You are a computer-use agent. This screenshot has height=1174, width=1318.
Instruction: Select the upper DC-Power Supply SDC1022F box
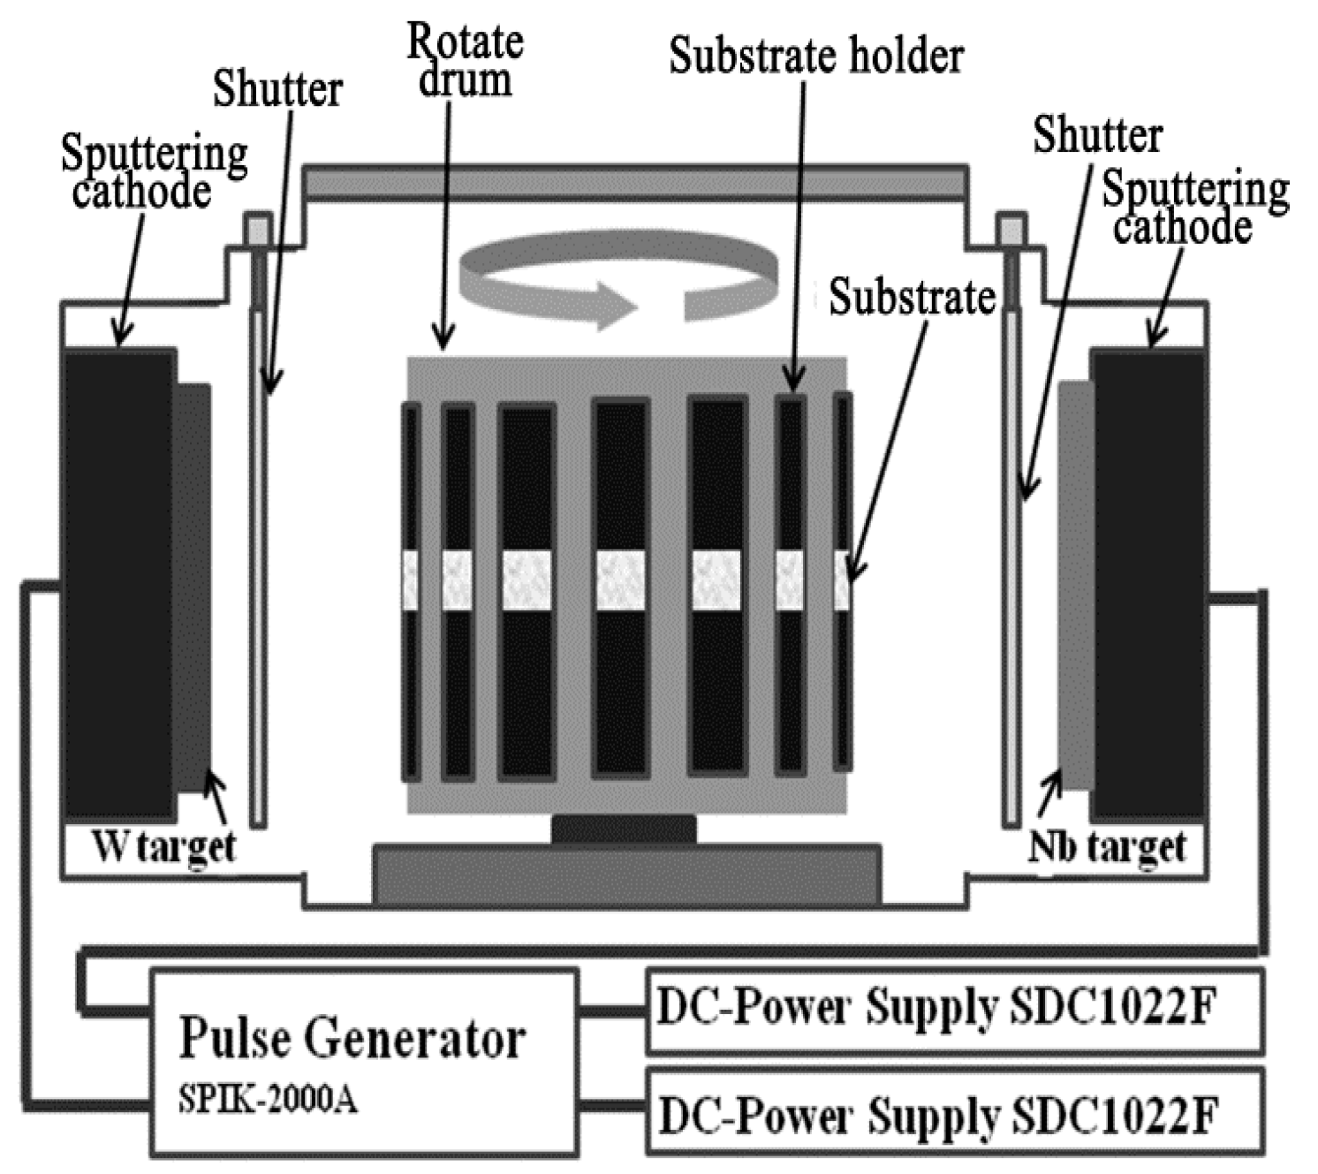click(x=954, y=1011)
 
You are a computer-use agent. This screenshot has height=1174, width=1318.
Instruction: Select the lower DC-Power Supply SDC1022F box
click(x=954, y=1113)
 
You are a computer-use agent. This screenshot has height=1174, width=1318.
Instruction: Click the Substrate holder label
click(x=814, y=56)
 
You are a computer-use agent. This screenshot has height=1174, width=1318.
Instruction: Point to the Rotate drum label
click(x=465, y=60)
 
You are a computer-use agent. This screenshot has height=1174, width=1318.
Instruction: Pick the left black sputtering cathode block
click(x=117, y=583)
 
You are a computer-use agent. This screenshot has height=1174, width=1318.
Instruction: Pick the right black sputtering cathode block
click(x=1148, y=583)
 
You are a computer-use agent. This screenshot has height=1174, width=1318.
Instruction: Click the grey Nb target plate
click(x=1074, y=583)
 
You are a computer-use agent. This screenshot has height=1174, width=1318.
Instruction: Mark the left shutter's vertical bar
click(x=257, y=565)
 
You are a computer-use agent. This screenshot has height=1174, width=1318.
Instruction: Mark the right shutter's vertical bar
click(x=1011, y=565)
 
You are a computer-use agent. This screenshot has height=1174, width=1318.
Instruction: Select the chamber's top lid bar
click(x=634, y=183)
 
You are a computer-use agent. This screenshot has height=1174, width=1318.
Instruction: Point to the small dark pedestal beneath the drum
click(x=624, y=829)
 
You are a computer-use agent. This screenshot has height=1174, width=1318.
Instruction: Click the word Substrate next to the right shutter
click(x=912, y=297)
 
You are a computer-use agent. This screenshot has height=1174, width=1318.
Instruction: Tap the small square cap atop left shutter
click(x=257, y=230)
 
